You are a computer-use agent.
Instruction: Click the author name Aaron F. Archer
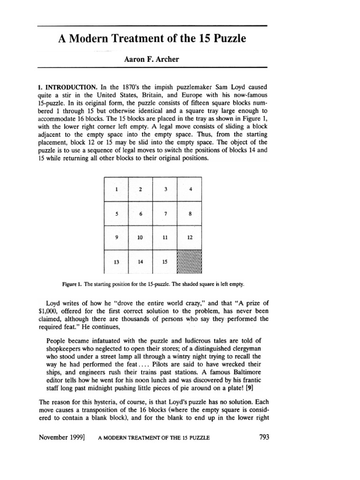coord(152,60)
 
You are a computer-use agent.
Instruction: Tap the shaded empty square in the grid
coord(189,262)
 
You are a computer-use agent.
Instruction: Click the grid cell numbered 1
coord(116,189)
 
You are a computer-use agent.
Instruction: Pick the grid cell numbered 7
coord(165,213)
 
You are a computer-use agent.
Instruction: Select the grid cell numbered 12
coord(189,238)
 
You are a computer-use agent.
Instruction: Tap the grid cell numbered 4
coord(189,189)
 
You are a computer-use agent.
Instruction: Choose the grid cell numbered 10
coord(140,238)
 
